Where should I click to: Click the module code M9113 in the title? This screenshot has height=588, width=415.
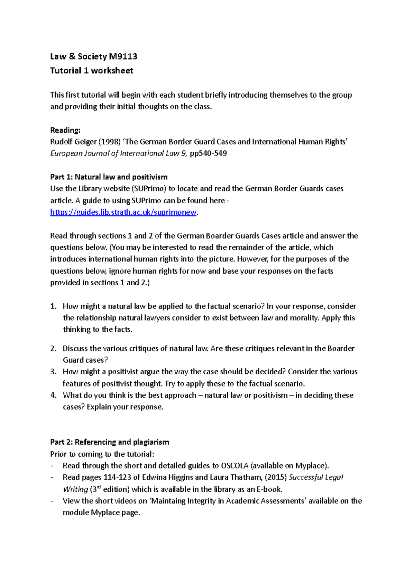pos(123,56)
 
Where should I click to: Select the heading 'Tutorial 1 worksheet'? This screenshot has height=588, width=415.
pos(92,71)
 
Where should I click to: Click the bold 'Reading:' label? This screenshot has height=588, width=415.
pos(65,130)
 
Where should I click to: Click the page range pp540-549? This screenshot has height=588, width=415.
pos(208,153)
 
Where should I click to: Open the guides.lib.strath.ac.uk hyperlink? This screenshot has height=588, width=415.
pos(123,212)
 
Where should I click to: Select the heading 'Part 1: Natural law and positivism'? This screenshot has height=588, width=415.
pos(109,177)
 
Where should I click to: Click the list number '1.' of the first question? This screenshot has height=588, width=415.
pos(53,306)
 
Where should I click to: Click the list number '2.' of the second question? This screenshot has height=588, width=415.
pos(53,349)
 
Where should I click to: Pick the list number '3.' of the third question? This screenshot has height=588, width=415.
pos(53,372)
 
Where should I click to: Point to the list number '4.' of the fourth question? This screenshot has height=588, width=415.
pos(53,395)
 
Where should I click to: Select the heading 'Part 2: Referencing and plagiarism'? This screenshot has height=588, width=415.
pos(109,442)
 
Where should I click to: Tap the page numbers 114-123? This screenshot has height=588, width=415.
pos(117,478)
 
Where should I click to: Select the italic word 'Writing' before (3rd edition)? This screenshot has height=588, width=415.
pos(75,490)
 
